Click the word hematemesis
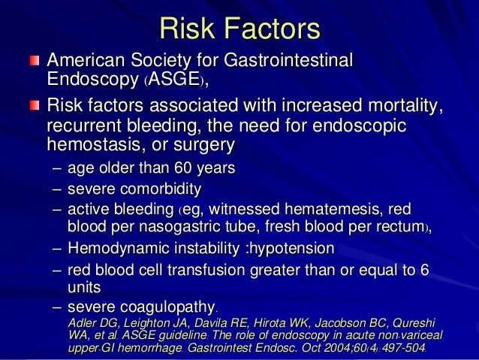pyautogui.click(x=305, y=210)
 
